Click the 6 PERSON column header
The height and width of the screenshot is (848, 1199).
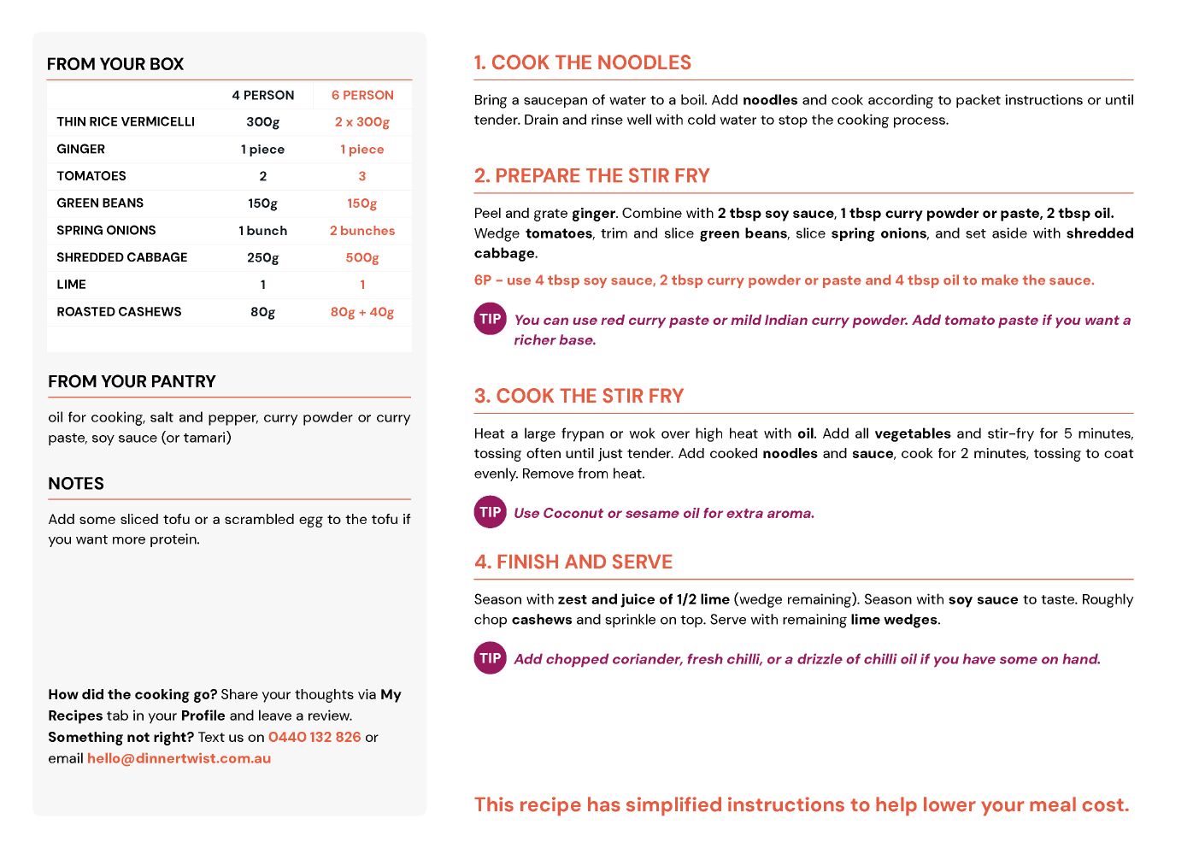[x=362, y=95]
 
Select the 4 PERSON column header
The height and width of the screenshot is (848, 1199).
[x=262, y=95]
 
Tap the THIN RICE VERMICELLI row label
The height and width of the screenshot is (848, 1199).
[x=126, y=121]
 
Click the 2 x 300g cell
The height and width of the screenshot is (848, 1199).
[x=362, y=121]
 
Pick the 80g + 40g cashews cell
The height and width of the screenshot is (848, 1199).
[x=362, y=312]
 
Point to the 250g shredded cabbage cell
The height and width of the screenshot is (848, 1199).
[x=262, y=257]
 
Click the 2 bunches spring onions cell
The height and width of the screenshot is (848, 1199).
[x=362, y=231]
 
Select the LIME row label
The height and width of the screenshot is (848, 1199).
[x=71, y=285]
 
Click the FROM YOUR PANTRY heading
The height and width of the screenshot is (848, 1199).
[x=132, y=381]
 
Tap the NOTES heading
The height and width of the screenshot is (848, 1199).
[x=76, y=483]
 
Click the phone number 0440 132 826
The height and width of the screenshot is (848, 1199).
[x=314, y=737]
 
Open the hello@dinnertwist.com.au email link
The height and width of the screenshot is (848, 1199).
[x=179, y=758]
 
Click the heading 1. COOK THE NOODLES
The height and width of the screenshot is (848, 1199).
[x=582, y=62]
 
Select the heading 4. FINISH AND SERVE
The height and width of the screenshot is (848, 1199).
[x=573, y=562]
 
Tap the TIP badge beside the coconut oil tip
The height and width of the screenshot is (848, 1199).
[x=490, y=512]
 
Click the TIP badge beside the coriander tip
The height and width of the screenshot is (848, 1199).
[x=490, y=658]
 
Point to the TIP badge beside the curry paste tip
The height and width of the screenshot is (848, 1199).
[x=490, y=319]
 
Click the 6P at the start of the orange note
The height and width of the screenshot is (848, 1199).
[x=483, y=280]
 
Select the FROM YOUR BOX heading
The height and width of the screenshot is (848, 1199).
[x=115, y=64]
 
